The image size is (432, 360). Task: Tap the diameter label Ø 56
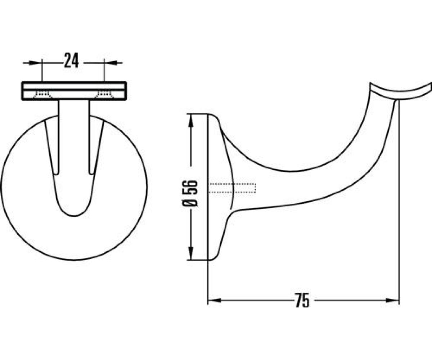coord(191,193)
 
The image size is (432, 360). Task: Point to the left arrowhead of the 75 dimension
coord(215,301)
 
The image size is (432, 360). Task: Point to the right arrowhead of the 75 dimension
coord(393,301)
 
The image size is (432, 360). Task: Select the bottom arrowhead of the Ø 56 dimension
coord(191,253)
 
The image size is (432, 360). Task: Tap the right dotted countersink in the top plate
coord(104,95)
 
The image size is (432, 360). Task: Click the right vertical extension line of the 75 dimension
coord(399,216)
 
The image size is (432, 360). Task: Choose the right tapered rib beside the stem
coord(96,148)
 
